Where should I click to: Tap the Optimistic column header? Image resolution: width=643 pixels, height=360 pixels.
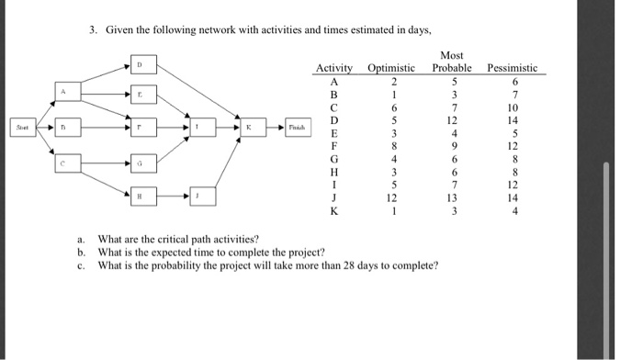tap(391, 68)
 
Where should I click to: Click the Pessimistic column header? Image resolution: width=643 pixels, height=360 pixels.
tap(512, 68)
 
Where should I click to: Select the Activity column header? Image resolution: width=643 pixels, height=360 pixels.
tap(334, 68)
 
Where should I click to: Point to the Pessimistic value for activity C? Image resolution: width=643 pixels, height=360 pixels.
tap(512, 107)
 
